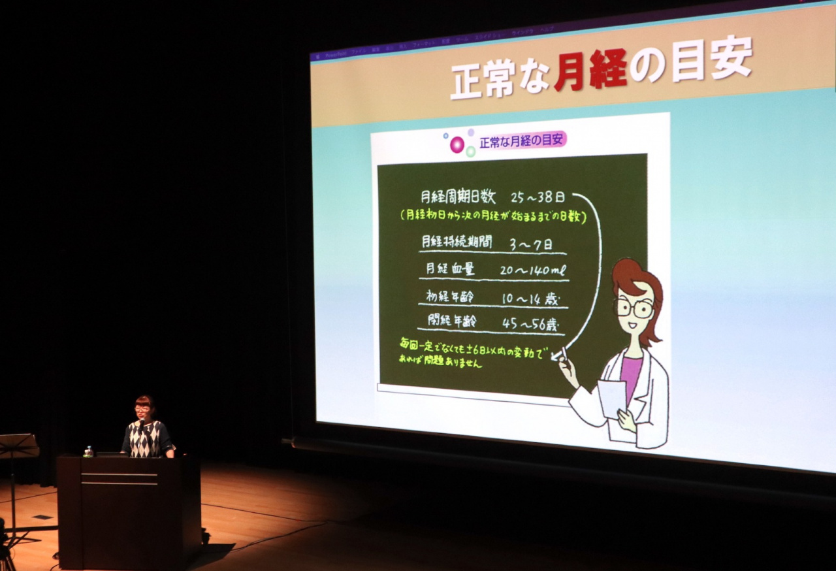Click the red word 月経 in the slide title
pyautogui.click(x=590, y=71)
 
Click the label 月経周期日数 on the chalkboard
pyautogui.click(x=458, y=197)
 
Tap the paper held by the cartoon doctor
pyautogui.click(x=612, y=399)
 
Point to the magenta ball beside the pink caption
pyautogui.click(x=457, y=144)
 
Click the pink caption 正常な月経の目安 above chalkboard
pyautogui.click(x=522, y=140)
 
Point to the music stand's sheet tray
pyautogui.click(x=18, y=446)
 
